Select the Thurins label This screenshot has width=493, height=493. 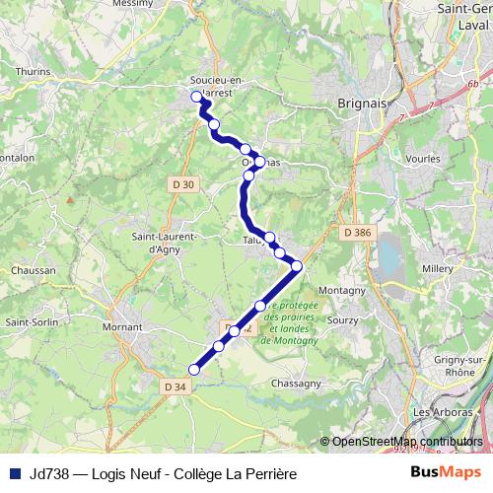pyautogui.click(x=33, y=71)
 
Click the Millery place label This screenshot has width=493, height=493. pyautogui.click(x=437, y=268)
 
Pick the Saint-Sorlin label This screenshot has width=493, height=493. pyautogui.click(x=30, y=321)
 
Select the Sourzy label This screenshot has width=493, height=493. pyautogui.click(x=343, y=320)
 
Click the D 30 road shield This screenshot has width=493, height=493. pyautogui.click(x=182, y=183)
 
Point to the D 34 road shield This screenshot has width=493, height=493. pyautogui.click(x=175, y=386)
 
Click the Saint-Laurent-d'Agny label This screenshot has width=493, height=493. pyautogui.click(x=167, y=243)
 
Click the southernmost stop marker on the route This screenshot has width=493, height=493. pyautogui.click(x=194, y=370)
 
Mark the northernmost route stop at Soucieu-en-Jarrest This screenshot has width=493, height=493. pyautogui.click(x=196, y=97)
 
